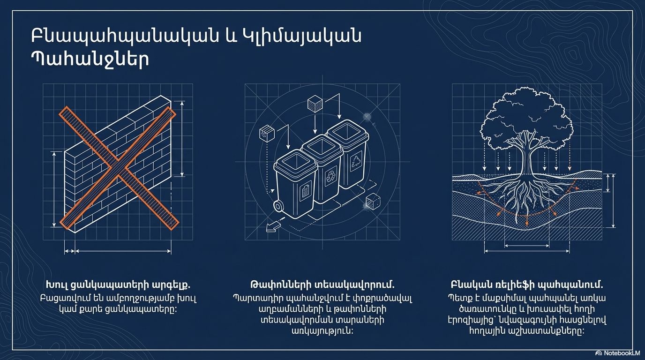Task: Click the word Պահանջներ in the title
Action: pyautogui.click(x=90, y=60)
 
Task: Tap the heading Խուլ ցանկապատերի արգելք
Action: pyautogui.click(x=118, y=285)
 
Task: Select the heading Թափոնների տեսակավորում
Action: pyautogui.click(x=322, y=285)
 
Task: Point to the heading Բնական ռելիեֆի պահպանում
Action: pyautogui.click(x=527, y=285)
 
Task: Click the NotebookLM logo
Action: pyautogui.click(x=619, y=353)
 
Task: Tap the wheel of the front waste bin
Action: pyautogui.click(x=278, y=206)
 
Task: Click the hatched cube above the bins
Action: pyautogui.click(x=315, y=103)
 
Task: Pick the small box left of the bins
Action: pyautogui.click(x=267, y=133)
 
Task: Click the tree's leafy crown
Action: pyautogui.click(x=526, y=118)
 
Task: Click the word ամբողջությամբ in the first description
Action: pyautogui.click(x=140, y=298)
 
